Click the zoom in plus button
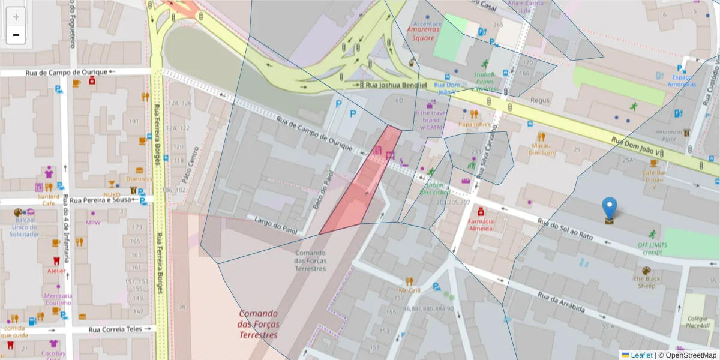pos(16,17)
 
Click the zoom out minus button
pos(16,35)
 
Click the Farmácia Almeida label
pos(480,224)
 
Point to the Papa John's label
pos(474,124)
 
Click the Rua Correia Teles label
pos(115,329)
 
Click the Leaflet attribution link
pos(641,355)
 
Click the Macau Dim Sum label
pos(541,149)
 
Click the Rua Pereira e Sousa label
pos(100,200)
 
